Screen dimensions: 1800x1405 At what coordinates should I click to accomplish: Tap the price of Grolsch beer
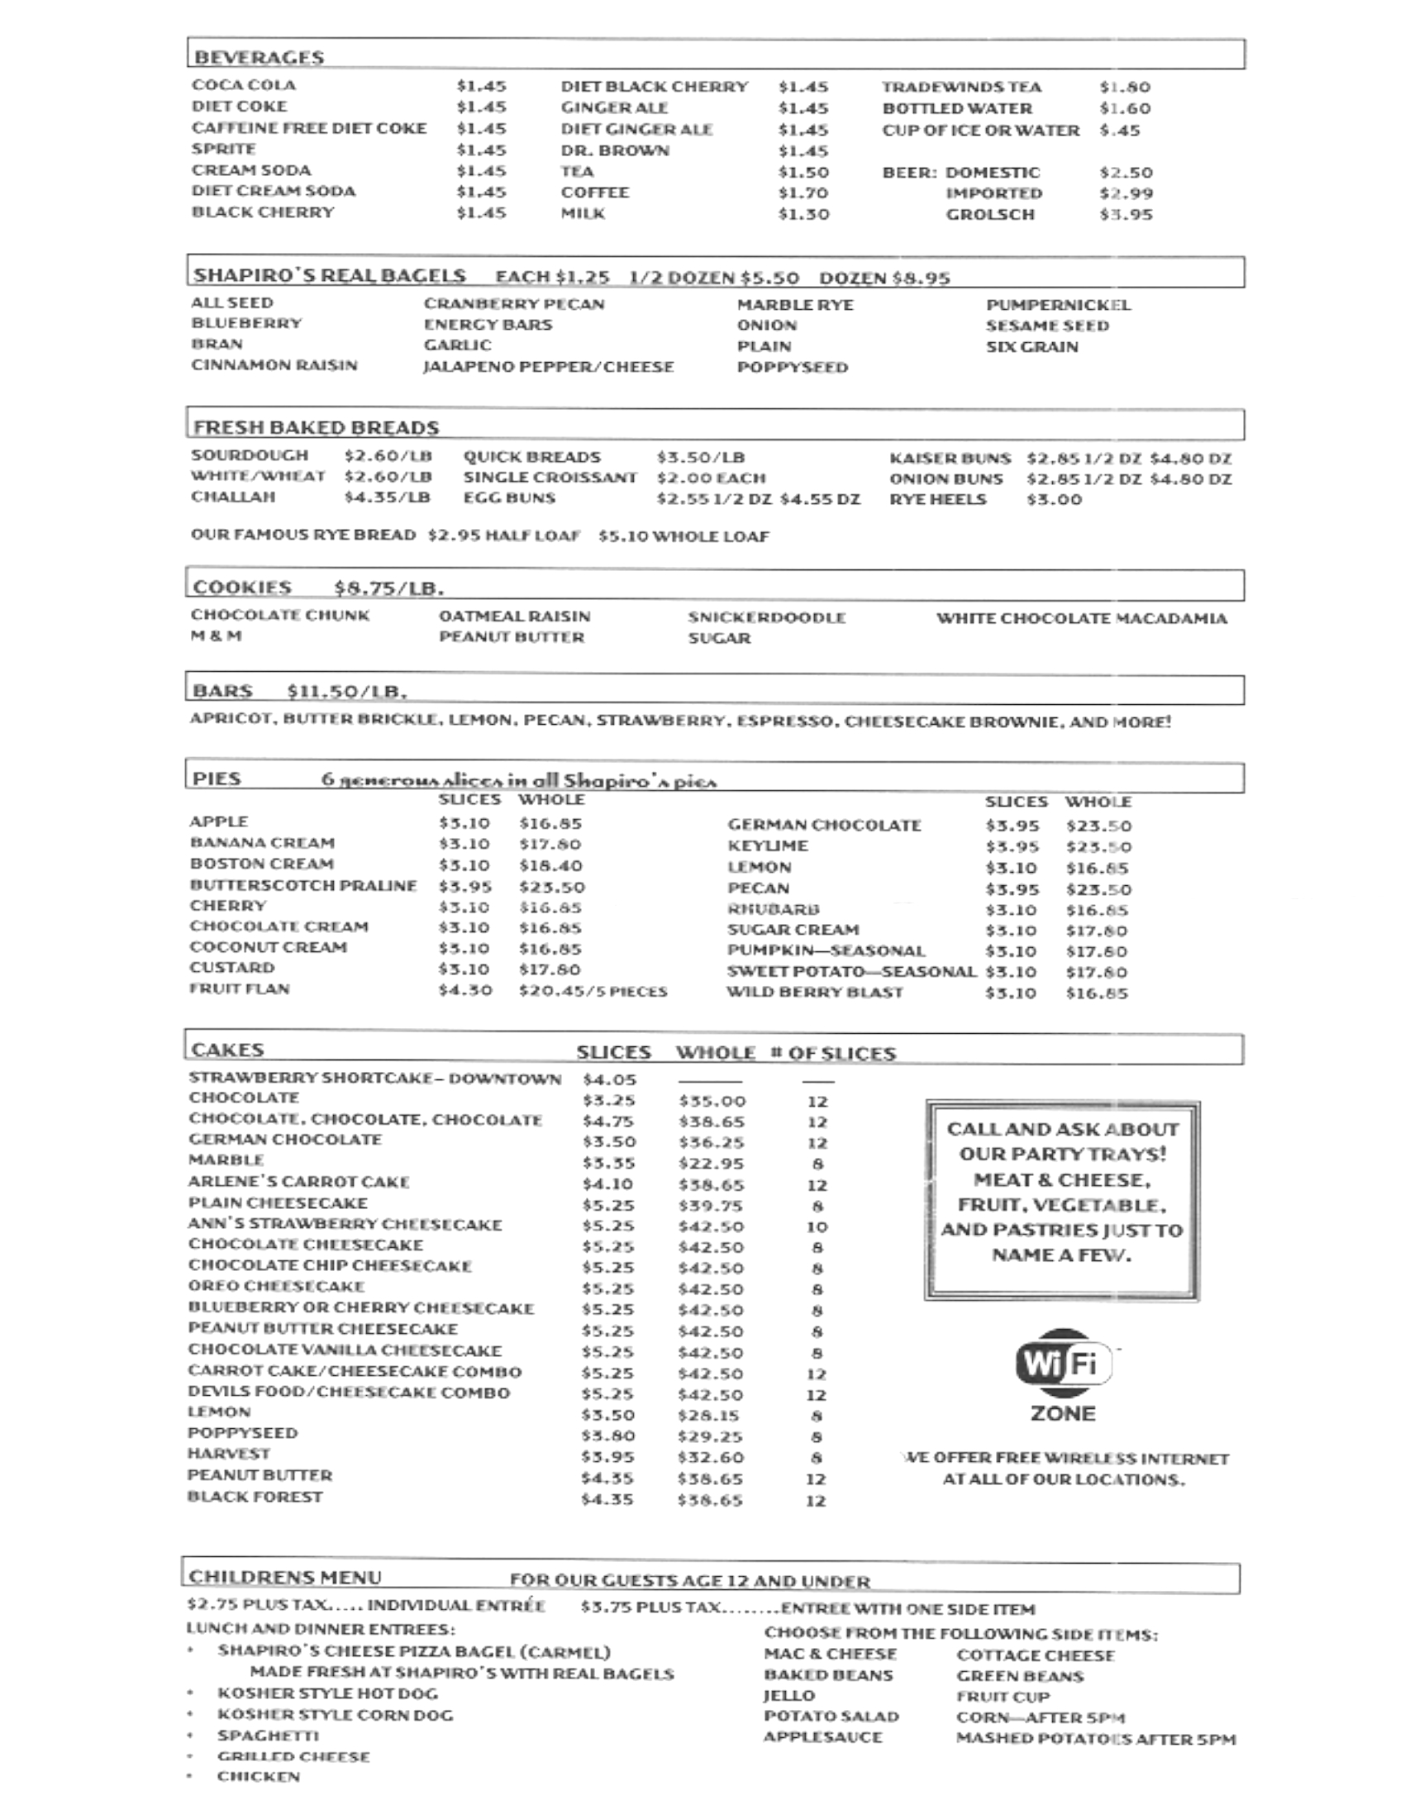tap(1126, 215)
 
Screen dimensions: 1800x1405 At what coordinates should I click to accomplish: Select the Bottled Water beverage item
tap(957, 108)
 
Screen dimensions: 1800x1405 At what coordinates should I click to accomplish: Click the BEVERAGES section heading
tap(259, 57)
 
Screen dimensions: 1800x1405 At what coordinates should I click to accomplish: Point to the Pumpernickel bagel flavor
tap(1058, 305)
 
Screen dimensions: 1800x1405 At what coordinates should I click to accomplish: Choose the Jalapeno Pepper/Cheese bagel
tap(548, 367)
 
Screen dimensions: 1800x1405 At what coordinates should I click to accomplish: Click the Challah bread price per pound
tap(388, 498)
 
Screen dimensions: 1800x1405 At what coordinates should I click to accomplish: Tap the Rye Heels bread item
tap(937, 499)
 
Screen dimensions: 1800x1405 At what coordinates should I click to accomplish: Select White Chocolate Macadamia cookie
tap(1081, 618)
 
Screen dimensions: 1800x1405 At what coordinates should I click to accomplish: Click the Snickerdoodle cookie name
tap(766, 617)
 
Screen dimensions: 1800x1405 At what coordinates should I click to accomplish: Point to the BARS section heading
tap(222, 691)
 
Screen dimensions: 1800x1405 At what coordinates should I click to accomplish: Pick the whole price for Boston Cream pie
tap(550, 865)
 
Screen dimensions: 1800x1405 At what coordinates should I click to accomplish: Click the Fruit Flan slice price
tap(465, 990)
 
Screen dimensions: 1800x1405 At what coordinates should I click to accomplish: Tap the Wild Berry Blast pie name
tap(814, 993)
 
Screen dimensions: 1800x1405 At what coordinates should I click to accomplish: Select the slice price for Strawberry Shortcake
tap(609, 1079)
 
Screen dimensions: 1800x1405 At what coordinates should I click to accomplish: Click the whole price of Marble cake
tap(711, 1164)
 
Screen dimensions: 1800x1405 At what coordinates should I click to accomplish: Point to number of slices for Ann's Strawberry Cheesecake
tap(817, 1227)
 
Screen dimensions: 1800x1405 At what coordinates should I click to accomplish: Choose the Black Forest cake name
tap(255, 1497)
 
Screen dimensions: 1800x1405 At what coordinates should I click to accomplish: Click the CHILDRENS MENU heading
tap(285, 1577)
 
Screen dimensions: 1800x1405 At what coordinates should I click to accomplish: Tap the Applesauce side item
tap(822, 1737)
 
